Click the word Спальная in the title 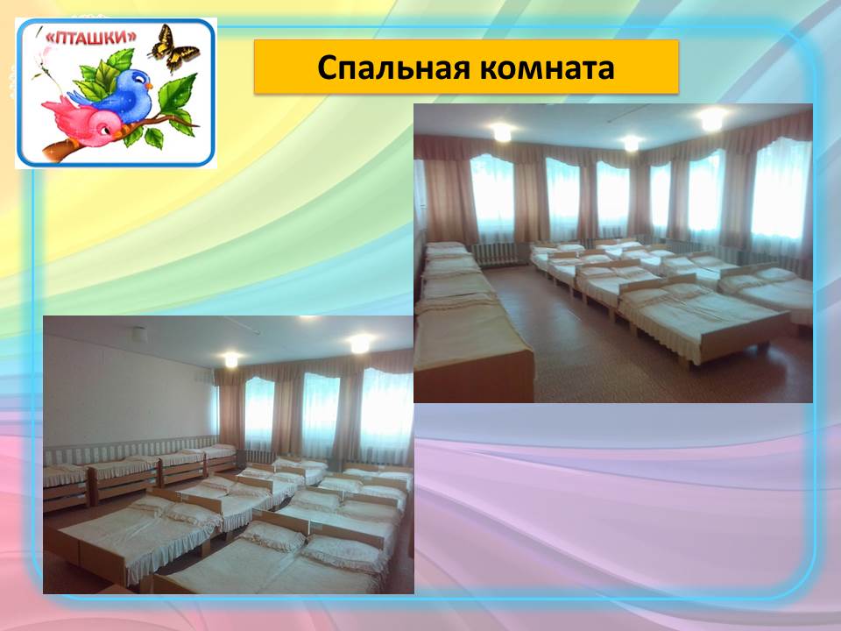click(x=393, y=68)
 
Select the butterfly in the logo click(x=173, y=48)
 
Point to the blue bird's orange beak click(x=149, y=85)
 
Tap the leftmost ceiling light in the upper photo click(x=502, y=132)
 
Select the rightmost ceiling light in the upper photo click(x=712, y=119)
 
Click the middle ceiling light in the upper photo click(x=632, y=143)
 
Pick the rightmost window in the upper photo click(x=781, y=189)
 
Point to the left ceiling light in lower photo click(x=231, y=359)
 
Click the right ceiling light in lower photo click(x=360, y=344)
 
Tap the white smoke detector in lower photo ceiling click(x=139, y=334)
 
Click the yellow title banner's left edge click(x=255, y=67)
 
